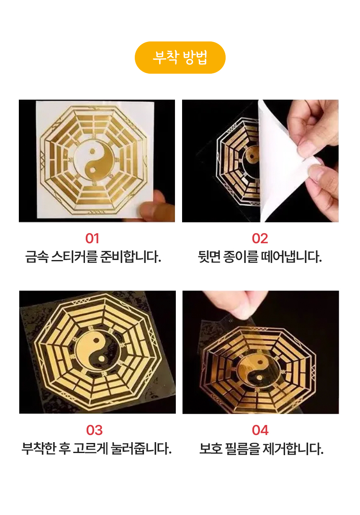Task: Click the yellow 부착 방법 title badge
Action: click(x=180, y=57)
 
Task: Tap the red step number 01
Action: click(x=92, y=238)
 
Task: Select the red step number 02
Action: click(x=260, y=238)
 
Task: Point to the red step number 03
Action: click(x=94, y=430)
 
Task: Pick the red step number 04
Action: click(x=260, y=430)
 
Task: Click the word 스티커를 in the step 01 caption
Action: click(x=74, y=257)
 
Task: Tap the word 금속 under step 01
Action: click(x=37, y=257)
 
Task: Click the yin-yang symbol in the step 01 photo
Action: click(x=94, y=161)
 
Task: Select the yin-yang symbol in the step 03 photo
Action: click(x=98, y=352)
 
